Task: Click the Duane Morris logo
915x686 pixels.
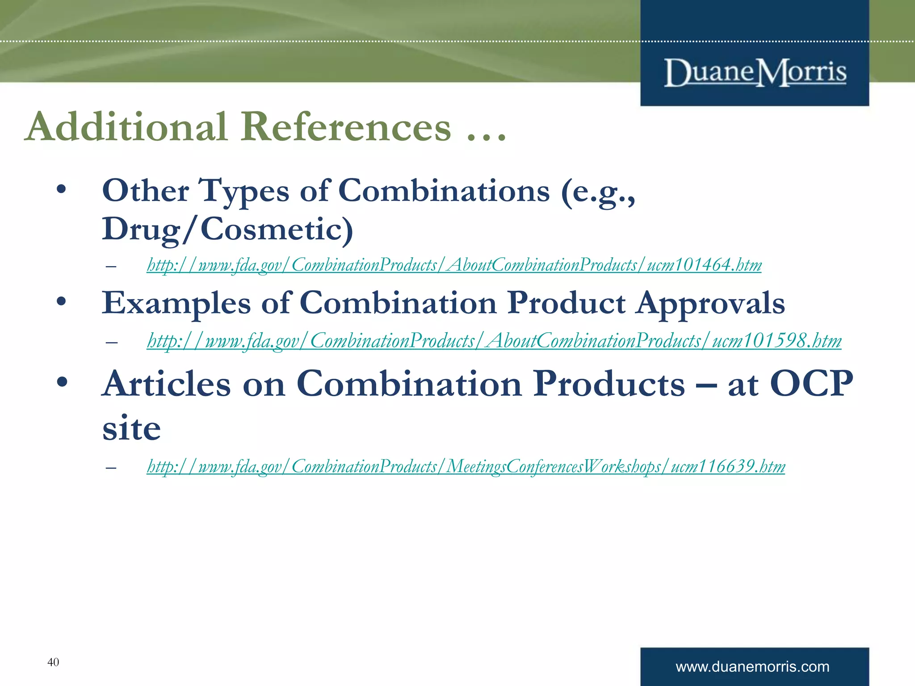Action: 755,72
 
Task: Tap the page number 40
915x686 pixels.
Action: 53,662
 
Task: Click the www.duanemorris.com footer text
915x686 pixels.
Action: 752,667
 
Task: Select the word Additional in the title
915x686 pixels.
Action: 127,127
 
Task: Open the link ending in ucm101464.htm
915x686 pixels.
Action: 454,265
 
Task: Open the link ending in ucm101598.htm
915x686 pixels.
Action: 494,341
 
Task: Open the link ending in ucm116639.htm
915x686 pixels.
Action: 466,467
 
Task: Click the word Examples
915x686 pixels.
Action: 176,304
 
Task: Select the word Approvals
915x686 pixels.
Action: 710,304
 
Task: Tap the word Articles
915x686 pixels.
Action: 167,384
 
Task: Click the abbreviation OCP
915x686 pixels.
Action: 811,384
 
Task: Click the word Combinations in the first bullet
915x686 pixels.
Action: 444,191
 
